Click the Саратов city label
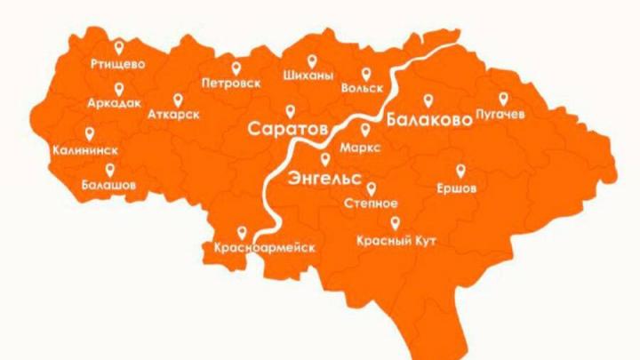288,129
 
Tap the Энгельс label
324,178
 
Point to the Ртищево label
118,64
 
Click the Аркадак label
114,104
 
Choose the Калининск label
86,150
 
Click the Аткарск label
175,116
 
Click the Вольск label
362,89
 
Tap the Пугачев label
501,115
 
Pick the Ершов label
458,188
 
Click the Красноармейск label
265,247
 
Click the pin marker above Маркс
364,129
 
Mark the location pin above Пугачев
503,98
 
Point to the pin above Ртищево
119,48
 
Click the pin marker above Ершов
460,170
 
